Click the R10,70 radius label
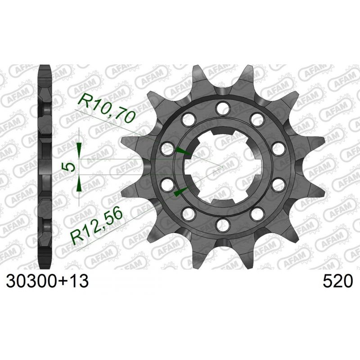(x=107, y=107)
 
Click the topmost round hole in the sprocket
(x=221, y=108)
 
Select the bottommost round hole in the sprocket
(x=221, y=224)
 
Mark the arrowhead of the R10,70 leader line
(x=184, y=152)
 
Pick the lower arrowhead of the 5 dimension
(x=79, y=184)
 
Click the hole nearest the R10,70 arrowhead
(x=167, y=147)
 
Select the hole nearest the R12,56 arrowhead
(x=167, y=184)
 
